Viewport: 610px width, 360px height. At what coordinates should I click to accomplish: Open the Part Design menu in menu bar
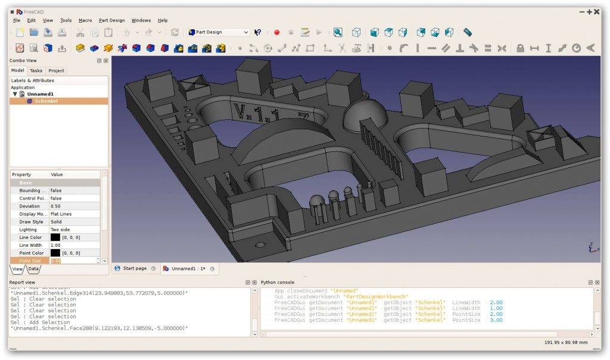click(111, 20)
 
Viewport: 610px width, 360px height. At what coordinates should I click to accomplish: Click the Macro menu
click(85, 20)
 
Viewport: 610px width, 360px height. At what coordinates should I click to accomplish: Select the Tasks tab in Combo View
click(36, 70)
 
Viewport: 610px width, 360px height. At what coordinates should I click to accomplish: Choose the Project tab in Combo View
click(56, 70)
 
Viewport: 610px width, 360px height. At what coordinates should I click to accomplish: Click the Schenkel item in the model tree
click(46, 101)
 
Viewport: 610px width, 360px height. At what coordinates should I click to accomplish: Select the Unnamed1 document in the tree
click(40, 94)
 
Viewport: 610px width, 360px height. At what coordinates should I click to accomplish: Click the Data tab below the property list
click(33, 269)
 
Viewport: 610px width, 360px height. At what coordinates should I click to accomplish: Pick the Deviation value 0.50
click(55, 206)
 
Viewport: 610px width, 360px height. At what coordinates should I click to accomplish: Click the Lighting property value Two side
click(60, 229)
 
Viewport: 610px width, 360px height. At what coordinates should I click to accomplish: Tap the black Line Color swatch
click(55, 237)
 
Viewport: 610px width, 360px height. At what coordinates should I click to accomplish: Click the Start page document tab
click(134, 269)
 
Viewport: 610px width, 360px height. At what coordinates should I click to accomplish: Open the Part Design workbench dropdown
click(219, 32)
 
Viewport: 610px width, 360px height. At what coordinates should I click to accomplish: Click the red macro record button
click(276, 32)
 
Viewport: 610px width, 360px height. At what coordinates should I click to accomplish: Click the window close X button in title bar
click(597, 11)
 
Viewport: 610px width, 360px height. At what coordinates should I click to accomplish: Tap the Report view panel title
click(22, 282)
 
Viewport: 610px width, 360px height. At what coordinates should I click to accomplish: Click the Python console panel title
click(278, 282)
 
